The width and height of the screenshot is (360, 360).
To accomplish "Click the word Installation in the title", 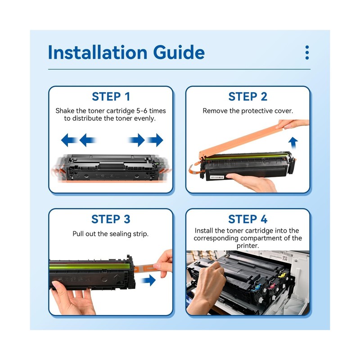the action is click(98, 52).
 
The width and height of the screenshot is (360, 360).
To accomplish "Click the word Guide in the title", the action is click(179, 52).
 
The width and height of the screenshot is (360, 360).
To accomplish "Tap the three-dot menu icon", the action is click(307, 52).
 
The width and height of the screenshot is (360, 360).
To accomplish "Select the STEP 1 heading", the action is click(111, 96).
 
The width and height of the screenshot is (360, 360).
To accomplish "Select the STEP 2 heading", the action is click(248, 96).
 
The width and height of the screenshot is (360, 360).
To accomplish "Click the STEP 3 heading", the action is click(111, 219).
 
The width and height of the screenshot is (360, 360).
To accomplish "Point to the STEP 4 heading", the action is click(248, 219).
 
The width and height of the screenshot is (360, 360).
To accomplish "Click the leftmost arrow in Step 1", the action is click(69, 140).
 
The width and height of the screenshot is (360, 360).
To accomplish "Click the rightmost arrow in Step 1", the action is click(155, 140).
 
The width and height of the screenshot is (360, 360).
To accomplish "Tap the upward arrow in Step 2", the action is click(293, 143).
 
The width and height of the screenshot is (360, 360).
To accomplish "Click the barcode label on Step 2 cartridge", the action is click(217, 177).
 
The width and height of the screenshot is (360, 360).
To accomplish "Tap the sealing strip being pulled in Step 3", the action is click(147, 268).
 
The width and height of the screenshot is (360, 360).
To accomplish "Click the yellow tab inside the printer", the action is click(282, 275).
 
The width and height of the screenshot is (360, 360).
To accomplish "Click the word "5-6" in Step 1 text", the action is click(142, 111).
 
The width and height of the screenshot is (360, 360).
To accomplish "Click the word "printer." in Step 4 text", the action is click(248, 246).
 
